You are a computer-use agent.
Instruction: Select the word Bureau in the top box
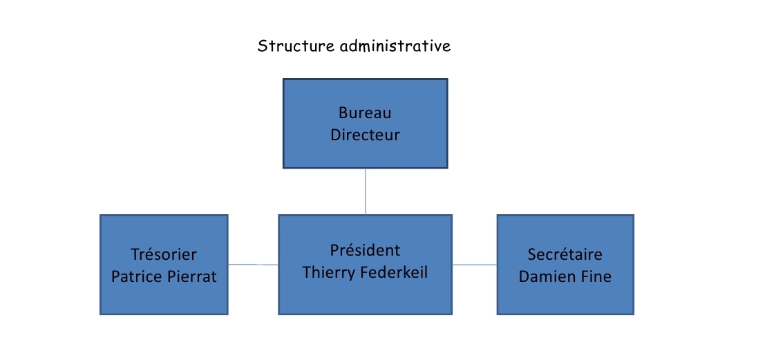pos(365,113)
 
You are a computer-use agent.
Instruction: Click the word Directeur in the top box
pos(365,135)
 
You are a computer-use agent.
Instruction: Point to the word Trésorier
pos(164,254)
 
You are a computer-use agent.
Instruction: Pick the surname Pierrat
pos(191,277)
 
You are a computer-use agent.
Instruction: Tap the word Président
pos(366,251)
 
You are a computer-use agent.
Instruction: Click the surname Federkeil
pos(393,273)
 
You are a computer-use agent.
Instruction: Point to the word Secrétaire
pos(565,254)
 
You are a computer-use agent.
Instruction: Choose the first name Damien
pos(545,277)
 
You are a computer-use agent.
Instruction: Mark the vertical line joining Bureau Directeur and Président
pos(366,191)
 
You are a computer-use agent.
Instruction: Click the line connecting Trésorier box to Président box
pos(253,265)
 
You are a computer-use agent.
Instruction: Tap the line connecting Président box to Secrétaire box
pos(475,265)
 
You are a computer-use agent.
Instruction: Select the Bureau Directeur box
pos(366,123)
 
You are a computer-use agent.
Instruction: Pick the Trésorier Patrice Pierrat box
pos(164,265)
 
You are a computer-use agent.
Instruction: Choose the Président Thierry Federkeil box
pos(366,265)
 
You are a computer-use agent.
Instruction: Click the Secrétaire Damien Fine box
pos(565,265)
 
